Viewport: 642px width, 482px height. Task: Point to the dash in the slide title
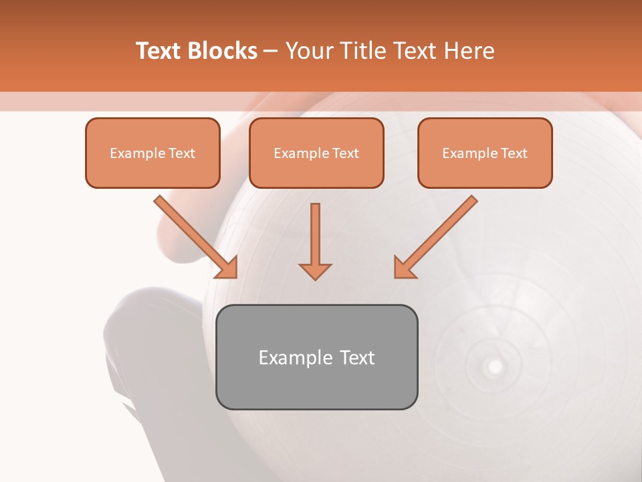tap(271, 52)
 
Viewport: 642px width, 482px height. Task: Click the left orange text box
tap(152, 153)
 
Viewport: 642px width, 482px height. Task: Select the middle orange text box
tap(316, 153)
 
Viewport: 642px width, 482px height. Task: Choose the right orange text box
tap(485, 153)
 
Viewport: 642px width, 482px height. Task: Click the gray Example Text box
tap(316, 357)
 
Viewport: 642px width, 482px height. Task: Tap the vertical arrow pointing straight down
tap(315, 241)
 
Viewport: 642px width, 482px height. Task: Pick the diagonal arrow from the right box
tap(435, 237)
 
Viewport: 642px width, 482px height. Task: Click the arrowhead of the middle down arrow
tap(315, 270)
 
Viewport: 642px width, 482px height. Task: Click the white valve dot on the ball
tap(495, 366)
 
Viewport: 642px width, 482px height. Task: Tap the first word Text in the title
tap(160, 51)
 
